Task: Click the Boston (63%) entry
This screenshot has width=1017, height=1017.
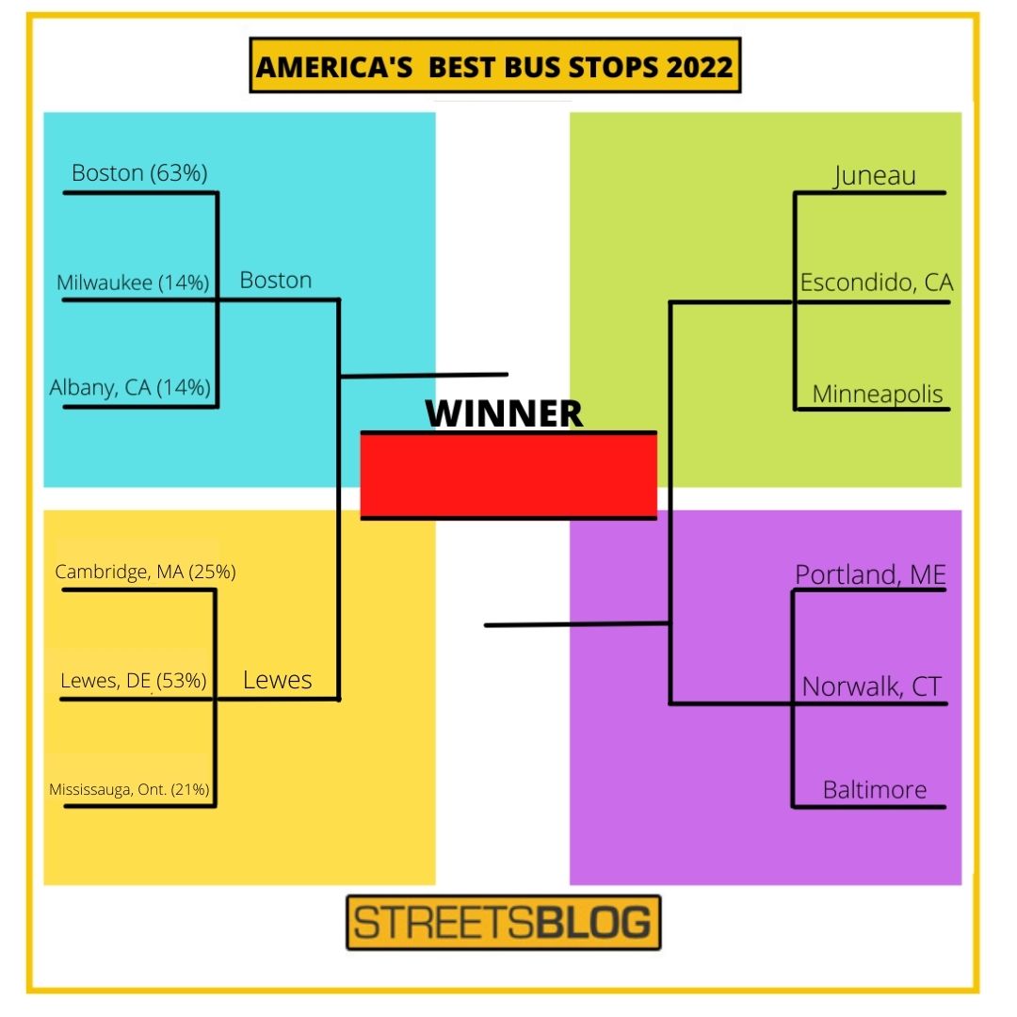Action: (x=139, y=173)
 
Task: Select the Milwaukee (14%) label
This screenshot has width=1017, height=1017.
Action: (x=133, y=282)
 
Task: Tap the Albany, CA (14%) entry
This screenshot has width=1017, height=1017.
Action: (x=130, y=387)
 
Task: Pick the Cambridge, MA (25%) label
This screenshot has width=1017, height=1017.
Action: (x=145, y=572)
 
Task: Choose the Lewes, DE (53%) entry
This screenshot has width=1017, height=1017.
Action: (x=134, y=681)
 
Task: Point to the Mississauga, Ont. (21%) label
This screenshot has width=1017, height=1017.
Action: (x=129, y=789)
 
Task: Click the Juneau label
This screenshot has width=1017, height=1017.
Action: (x=874, y=176)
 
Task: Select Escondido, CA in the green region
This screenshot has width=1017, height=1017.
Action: (x=877, y=282)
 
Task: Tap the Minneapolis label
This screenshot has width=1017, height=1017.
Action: (x=878, y=395)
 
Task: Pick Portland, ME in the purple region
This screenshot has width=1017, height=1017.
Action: (x=870, y=574)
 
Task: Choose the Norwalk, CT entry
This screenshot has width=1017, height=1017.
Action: (x=871, y=686)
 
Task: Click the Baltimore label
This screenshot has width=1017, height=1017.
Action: (x=874, y=789)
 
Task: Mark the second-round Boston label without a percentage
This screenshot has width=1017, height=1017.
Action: (x=276, y=281)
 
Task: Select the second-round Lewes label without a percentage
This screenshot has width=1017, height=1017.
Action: (x=278, y=680)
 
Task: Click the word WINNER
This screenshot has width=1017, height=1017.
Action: (x=504, y=413)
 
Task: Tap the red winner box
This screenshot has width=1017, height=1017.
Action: (x=508, y=476)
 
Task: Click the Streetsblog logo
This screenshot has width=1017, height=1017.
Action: (x=503, y=922)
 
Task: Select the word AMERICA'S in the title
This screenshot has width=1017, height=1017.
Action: (x=334, y=67)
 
